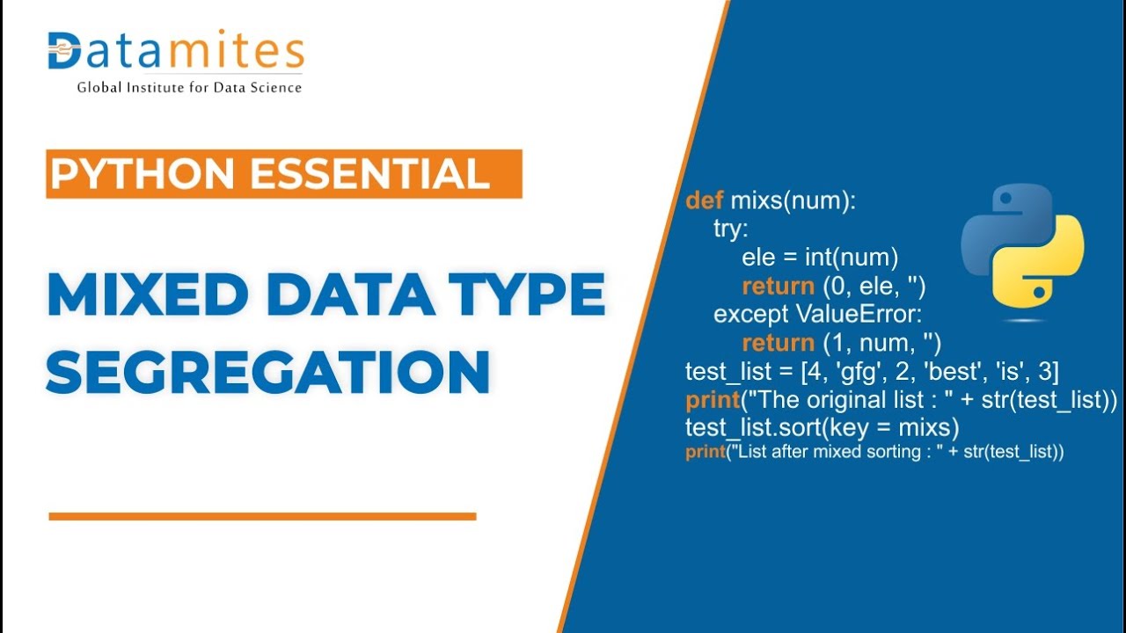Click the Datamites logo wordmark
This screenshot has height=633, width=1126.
(176, 53)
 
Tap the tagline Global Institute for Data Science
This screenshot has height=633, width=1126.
(189, 88)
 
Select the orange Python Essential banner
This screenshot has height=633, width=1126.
(283, 173)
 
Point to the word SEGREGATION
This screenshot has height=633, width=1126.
(268, 372)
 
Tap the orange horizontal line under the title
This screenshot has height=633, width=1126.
(262, 517)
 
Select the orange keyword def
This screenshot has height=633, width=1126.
(704, 201)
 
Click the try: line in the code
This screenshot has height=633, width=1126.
(731, 229)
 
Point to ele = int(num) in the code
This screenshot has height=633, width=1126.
(820, 258)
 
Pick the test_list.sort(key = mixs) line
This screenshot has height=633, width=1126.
(822, 428)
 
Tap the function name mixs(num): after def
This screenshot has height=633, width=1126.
(793, 201)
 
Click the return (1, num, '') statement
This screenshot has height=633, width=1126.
(841, 343)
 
